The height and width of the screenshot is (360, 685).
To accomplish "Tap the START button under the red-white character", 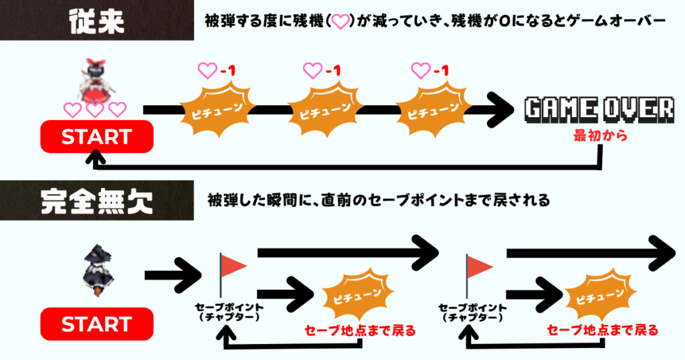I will tap(97, 137).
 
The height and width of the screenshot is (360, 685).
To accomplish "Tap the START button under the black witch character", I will tap(97, 325).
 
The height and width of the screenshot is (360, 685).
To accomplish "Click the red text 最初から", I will tap(600, 136).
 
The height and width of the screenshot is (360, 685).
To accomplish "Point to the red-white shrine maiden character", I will tap(95, 79).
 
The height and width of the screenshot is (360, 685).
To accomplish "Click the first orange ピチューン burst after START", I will tap(215, 110).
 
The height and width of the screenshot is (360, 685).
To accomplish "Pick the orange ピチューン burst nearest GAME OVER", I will tap(431, 110).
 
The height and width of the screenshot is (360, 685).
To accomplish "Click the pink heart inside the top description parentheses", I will tap(341, 22).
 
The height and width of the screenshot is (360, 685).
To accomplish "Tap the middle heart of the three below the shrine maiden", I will tap(95, 110).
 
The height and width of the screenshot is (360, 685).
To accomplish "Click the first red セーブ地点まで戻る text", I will tap(359, 330).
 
